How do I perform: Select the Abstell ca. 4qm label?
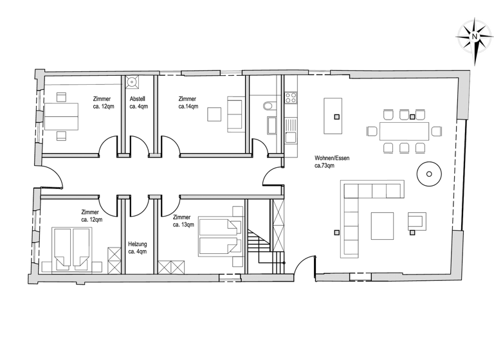tap(138, 103)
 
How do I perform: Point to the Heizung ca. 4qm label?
tap(138, 248)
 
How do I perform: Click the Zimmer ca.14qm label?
tap(188, 103)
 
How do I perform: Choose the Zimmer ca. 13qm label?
tap(185, 222)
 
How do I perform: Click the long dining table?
tap(404, 131)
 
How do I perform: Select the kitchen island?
tap(333, 116)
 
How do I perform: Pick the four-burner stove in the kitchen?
tap(290, 98)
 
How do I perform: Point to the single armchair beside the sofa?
tap(416, 222)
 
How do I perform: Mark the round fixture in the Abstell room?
tap(133, 82)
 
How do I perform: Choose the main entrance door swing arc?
tap(305, 264)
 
